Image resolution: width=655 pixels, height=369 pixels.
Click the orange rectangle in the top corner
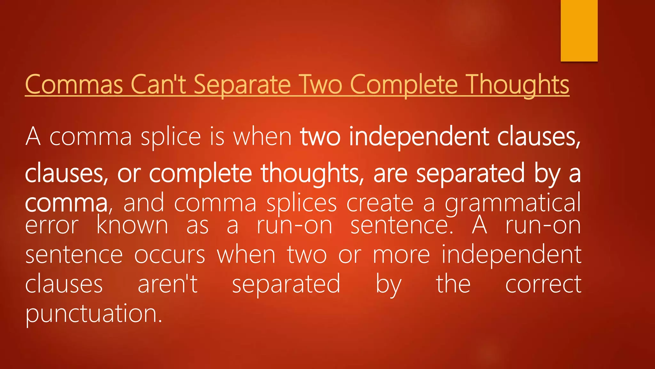point(579,30)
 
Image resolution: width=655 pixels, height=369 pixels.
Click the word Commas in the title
point(74,85)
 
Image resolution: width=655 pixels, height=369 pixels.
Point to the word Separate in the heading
point(242,85)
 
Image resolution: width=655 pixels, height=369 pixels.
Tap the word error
point(52,225)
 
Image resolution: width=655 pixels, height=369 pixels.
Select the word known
point(132,225)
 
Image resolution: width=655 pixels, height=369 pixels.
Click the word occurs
point(170,255)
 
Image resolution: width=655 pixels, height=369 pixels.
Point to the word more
point(401,255)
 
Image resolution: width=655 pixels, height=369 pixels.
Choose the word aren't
point(168,284)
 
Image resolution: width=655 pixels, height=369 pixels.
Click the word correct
point(543,284)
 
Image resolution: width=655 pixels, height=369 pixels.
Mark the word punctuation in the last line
point(94,314)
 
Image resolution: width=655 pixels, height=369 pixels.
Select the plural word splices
point(302,203)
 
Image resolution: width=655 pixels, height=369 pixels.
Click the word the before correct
point(453,284)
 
